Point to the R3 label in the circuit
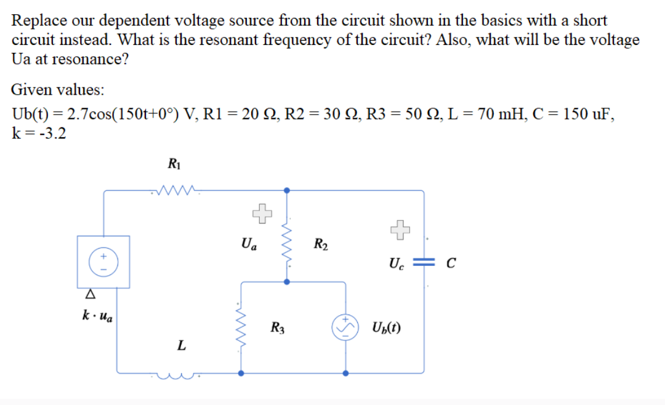(278, 327)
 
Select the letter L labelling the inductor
(180, 346)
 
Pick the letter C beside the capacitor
(450, 265)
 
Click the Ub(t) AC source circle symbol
(345, 327)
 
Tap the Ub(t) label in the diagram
(387, 327)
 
